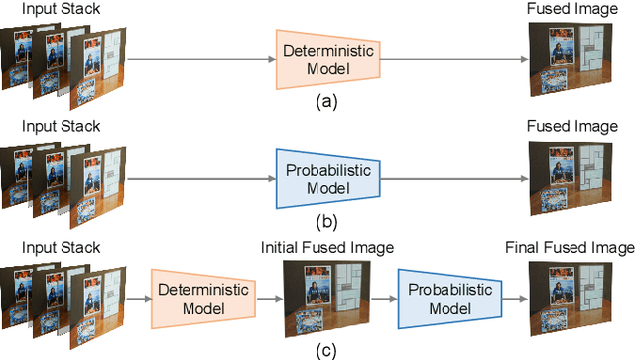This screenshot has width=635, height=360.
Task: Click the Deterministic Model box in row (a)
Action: (x=326, y=60)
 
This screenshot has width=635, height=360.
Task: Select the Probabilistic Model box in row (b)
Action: (x=326, y=179)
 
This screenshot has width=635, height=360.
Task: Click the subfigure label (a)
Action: (x=326, y=104)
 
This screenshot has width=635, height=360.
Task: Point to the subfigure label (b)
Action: (x=326, y=223)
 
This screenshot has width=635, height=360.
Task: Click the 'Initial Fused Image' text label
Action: (x=325, y=246)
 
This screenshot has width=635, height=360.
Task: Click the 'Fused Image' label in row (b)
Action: (x=571, y=127)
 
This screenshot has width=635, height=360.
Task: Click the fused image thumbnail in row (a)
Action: (x=570, y=60)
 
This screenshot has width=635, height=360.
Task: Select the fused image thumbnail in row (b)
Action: (x=570, y=179)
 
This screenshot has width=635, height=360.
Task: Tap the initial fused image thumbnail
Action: (x=325, y=297)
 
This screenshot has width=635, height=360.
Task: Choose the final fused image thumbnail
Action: (x=570, y=297)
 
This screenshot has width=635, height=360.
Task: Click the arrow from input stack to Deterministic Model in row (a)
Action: (x=198, y=60)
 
